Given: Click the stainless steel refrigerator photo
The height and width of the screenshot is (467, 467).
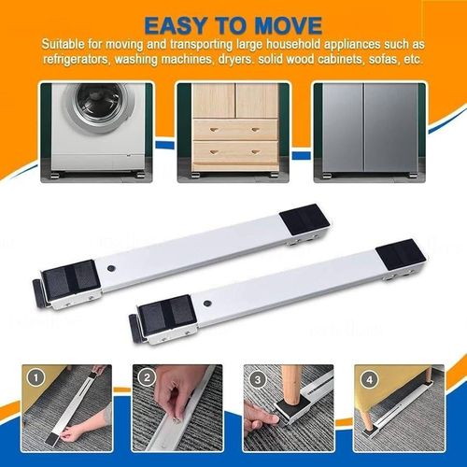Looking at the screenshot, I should point(367,129).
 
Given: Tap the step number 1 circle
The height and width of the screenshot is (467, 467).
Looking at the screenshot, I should point(35,380).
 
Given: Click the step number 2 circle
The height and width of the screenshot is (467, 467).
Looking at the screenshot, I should point(147,380).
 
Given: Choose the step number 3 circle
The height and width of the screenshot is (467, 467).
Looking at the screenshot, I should point(258,380).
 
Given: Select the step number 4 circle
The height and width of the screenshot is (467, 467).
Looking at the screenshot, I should point(368,380).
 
